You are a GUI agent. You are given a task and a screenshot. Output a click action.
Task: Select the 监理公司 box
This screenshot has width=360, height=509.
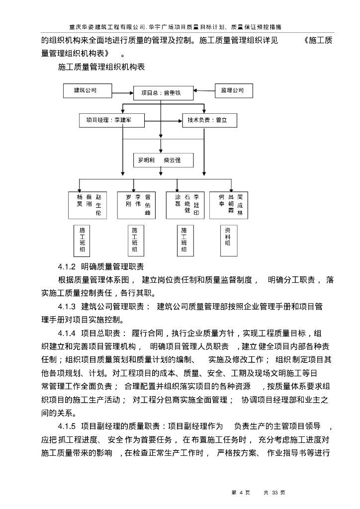(233, 91)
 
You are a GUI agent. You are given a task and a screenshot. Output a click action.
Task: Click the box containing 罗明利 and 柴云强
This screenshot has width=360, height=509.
(163, 161)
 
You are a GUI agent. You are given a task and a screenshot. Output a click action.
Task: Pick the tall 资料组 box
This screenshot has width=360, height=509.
(227, 240)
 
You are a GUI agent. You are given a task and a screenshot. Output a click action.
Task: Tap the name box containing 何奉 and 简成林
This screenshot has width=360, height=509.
(228, 205)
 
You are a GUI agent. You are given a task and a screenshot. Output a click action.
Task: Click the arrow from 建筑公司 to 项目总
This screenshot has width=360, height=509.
(122, 91)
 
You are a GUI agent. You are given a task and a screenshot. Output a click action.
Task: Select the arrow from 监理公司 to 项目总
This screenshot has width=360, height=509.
(204, 91)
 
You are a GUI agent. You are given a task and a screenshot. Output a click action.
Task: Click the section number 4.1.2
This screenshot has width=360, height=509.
(66, 266)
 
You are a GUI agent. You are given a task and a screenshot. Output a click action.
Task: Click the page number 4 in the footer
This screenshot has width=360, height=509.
(241, 493)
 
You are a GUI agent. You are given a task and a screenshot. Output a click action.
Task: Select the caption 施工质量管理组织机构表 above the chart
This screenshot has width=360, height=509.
(101, 67)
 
